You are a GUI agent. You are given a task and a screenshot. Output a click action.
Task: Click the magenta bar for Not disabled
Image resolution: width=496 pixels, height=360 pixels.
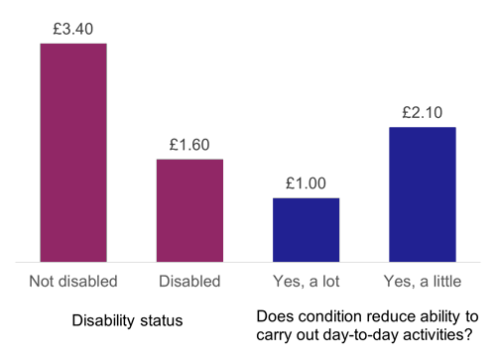click(73, 153)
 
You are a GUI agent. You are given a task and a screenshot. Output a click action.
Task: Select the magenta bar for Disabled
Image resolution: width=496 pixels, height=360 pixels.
click(189, 210)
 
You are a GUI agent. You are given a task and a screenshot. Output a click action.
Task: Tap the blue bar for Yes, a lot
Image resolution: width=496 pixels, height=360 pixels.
click(306, 230)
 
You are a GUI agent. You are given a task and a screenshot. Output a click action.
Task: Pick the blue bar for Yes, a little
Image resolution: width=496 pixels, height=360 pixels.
click(423, 194)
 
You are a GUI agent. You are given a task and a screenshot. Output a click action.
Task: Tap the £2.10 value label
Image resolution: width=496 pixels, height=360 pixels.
click(423, 111)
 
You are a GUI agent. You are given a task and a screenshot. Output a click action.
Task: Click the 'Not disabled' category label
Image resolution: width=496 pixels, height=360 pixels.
click(73, 281)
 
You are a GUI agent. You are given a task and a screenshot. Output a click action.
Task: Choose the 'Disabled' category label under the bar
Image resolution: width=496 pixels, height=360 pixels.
click(189, 281)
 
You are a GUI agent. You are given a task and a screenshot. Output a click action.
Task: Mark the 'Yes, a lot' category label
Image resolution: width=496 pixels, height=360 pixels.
click(306, 281)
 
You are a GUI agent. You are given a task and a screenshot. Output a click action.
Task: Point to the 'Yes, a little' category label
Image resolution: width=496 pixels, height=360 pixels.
click(423, 281)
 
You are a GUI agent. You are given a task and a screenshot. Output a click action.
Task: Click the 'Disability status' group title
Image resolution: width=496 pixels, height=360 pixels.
click(127, 322)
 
